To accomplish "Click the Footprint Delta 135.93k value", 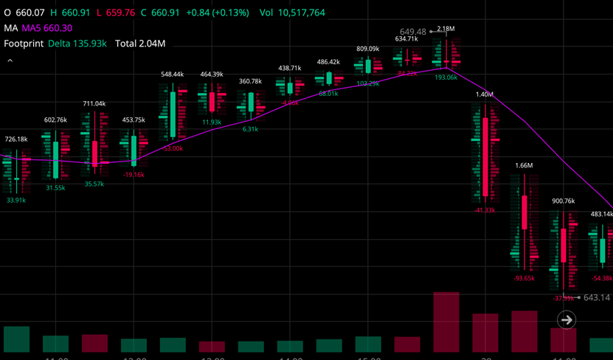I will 77,44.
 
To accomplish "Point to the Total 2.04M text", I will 140,44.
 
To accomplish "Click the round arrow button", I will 567,319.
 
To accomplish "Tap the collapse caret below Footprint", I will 10,61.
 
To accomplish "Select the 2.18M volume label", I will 446,29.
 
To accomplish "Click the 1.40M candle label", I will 484,94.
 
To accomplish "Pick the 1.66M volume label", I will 524,166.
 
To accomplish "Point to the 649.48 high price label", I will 413,32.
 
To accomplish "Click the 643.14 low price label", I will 598,298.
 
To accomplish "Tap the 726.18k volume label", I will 16,139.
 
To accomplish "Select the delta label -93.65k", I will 524,278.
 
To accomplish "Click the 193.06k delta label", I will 446,77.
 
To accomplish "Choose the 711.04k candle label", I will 94,104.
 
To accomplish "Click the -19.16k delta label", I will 133,175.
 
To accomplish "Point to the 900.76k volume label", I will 563,201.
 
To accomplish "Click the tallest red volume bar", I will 446,322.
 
